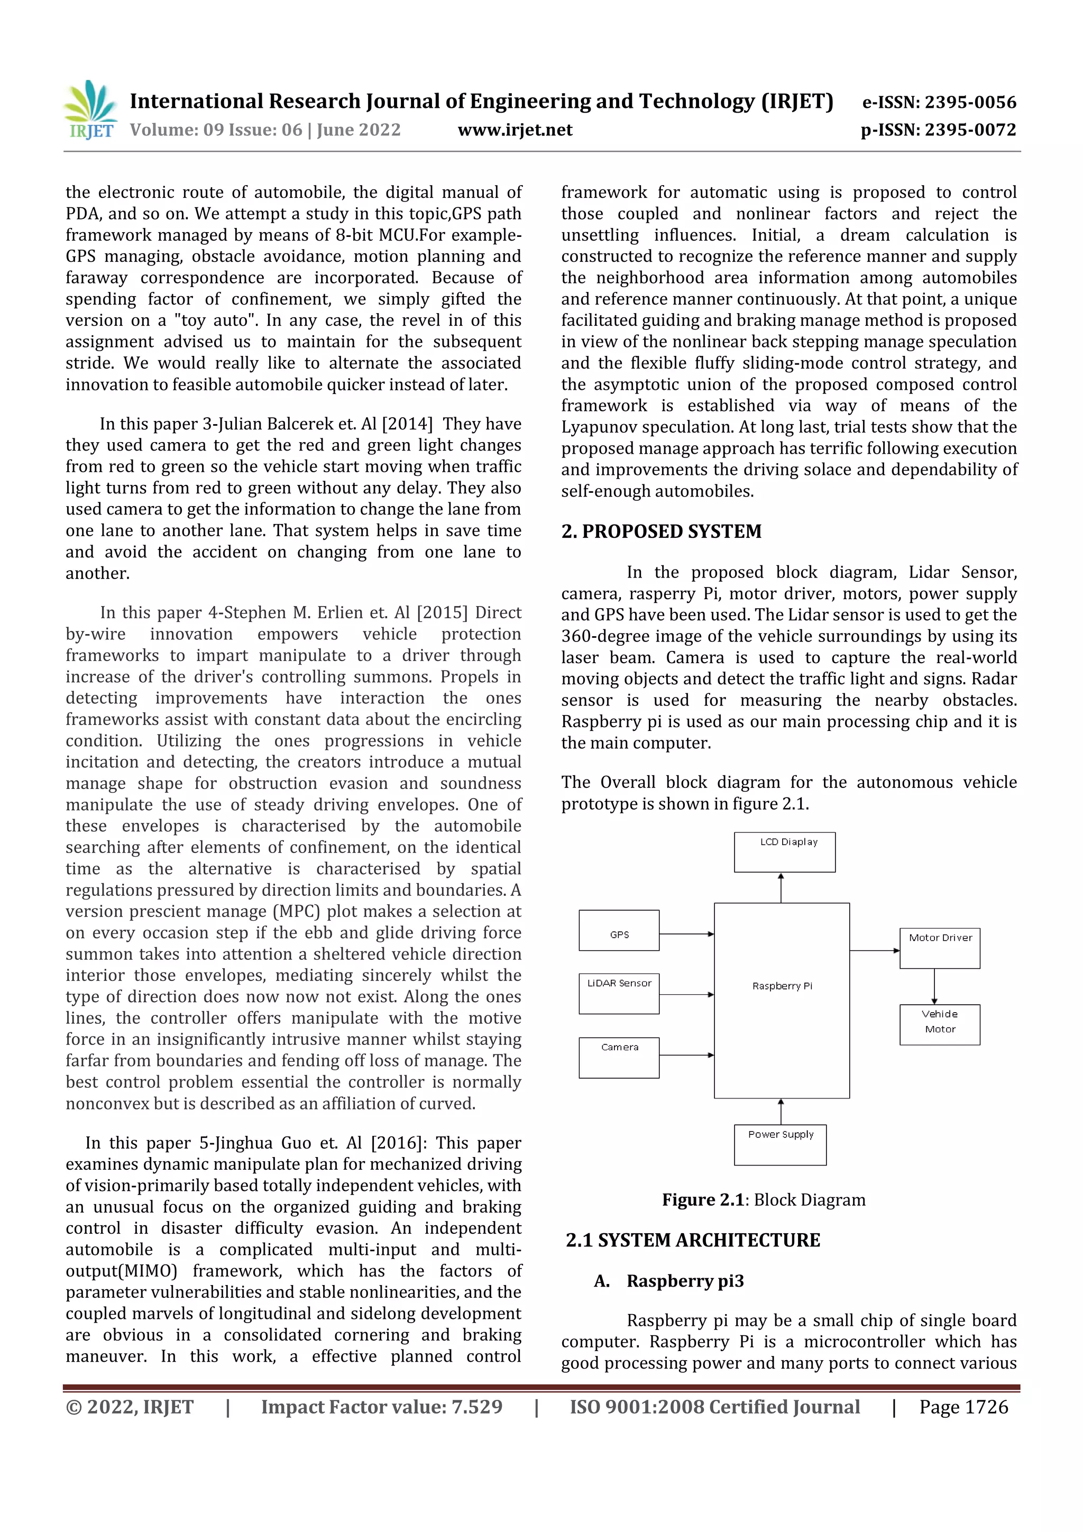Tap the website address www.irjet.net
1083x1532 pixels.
point(515,130)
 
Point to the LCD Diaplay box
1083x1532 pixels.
point(784,851)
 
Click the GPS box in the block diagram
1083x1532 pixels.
point(619,930)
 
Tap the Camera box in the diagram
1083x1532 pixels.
point(619,1057)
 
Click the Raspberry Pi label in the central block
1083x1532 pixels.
point(782,986)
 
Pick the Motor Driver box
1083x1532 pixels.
point(940,948)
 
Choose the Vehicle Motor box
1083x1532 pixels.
point(940,1024)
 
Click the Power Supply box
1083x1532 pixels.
point(780,1144)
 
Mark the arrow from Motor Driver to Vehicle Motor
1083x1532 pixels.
point(934,986)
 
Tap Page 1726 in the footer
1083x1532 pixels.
point(963,1407)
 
